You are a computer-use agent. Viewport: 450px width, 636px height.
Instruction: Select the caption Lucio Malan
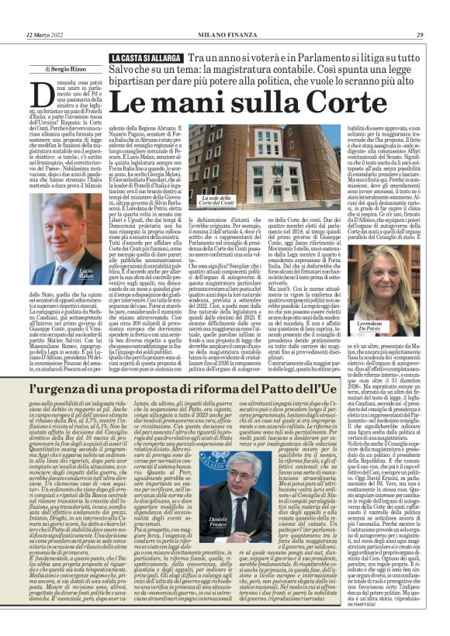85,274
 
